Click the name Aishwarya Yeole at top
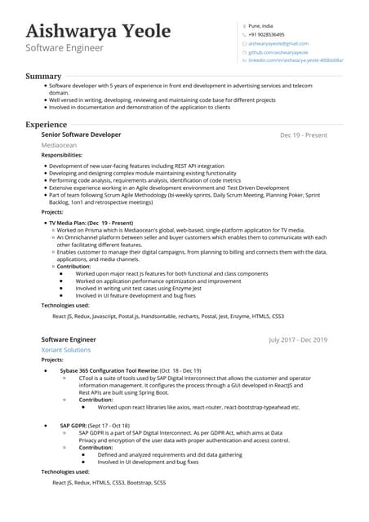pyautogui.click(x=98, y=31)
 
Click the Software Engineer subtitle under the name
pyautogui.click(x=64, y=48)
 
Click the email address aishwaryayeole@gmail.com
pyautogui.click(x=278, y=43)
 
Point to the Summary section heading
pyautogui.click(x=43, y=76)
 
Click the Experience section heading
pyautogui.click(x=47, y=125)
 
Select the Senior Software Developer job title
pyautogui.click(x=81, y=135)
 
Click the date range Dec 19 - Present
pyautogui.click(x=303, y=135)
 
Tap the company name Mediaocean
pyautogui.click(x=60, y=145)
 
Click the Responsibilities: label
pyautogui.click(x=61, y=155)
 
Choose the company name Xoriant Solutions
pyautogui.click(x=66, y=349)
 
